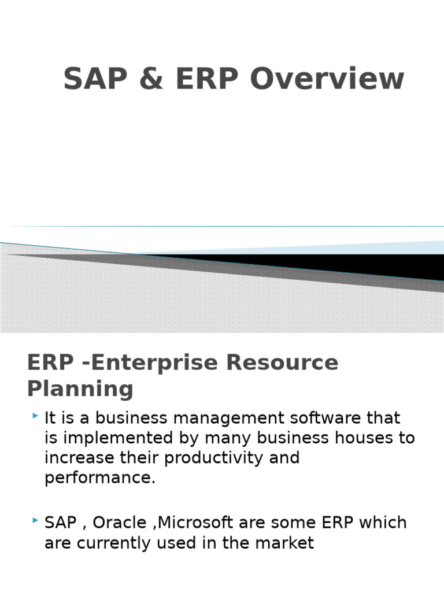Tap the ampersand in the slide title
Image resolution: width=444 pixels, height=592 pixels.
[149, 79]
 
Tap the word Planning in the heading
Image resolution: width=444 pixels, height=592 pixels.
[80, 388]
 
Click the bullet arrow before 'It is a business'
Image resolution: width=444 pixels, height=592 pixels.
[36, 416]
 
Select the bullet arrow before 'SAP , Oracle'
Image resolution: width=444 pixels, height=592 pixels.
[36, 521]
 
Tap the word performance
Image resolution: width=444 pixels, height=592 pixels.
[99, 478]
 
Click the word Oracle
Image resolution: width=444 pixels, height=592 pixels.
[120, 523]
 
